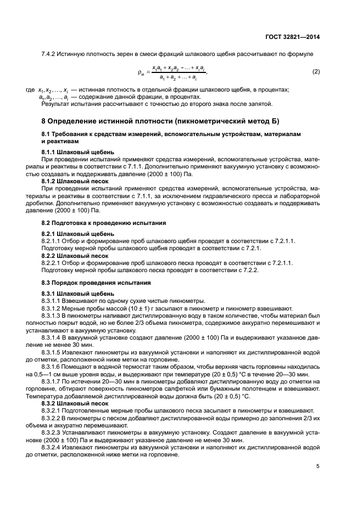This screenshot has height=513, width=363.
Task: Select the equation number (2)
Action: (x=316, y=72)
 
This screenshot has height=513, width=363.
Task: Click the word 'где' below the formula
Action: (x=30, y=90)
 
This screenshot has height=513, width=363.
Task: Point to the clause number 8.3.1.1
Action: (x=53, y=301)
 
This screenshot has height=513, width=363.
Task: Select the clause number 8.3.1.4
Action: (x=53, y=337)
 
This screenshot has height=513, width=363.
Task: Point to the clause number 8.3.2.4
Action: (x=53, y=446)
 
